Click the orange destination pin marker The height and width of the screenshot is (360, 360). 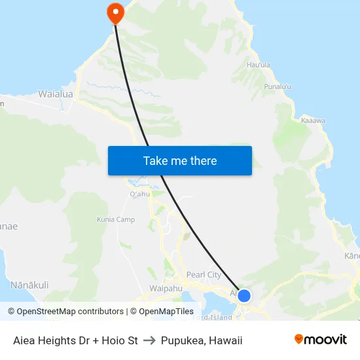(x=115, y=12)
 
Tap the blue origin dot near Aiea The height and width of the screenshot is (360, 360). (x=243, y=296)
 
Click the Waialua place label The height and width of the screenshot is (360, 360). (x=56, y=94)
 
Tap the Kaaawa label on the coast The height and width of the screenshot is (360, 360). (x=313, y=120)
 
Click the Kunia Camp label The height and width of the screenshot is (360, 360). (x=116, y=220)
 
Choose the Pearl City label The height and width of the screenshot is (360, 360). (x=204, y=275)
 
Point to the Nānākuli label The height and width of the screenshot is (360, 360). (x=29, y=285)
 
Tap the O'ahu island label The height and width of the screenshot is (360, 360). (x=139, y=194)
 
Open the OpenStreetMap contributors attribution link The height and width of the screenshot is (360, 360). (x=65, y=312)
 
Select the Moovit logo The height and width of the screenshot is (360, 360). (x=320, y=340)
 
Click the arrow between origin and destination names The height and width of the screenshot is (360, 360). (x=149, y=340)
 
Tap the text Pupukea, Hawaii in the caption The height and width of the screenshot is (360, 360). (x=202, y=340)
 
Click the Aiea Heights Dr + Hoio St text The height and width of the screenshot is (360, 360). (x=75, y=340)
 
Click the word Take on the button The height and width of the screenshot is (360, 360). (x=156, y=160)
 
